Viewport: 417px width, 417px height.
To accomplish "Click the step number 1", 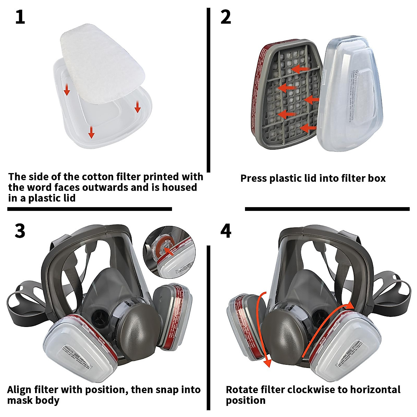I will tap(20, 17).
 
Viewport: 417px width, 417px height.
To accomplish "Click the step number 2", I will tap(226, 17).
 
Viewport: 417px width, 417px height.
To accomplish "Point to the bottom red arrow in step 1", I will tap(91, 132).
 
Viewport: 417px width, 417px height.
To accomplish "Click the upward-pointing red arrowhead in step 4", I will tap(349, 305).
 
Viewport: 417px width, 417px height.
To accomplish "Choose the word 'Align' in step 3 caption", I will tap(19, 390).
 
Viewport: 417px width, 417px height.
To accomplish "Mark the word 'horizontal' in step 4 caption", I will tap(375, 390).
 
